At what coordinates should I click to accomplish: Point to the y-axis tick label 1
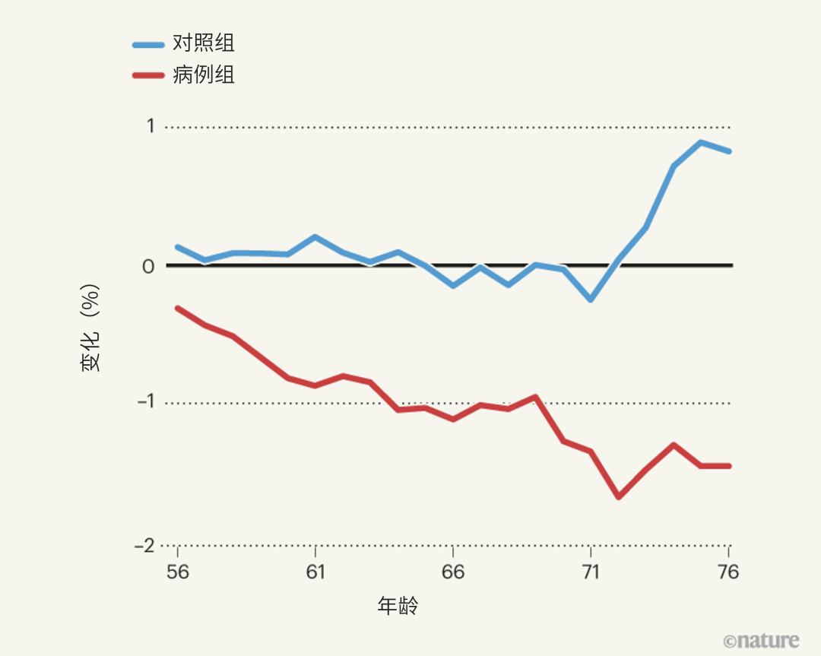point(150,126)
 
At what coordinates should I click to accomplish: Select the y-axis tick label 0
point(148,266)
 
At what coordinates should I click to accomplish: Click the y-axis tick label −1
point(144,402)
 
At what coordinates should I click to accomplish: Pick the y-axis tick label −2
point(144,546)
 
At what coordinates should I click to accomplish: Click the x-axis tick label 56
point(177,572)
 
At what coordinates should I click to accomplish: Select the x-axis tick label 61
point(315,572)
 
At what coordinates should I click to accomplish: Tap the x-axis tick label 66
point(453,572)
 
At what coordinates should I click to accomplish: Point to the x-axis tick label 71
point(591,572)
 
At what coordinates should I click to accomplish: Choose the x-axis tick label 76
point(728,572)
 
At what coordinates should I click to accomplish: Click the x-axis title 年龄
point(398,606)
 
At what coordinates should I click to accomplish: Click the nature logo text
point(761,640)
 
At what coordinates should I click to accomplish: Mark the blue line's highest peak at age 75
point(701,142)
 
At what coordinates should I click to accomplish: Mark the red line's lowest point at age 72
point(618,497)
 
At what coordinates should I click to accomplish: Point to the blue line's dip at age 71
point(591,299)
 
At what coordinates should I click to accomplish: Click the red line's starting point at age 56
point(177,308)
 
